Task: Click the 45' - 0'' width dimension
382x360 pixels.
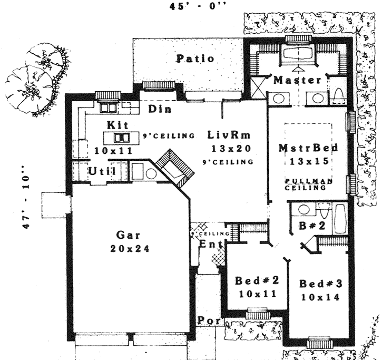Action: pos(190,7)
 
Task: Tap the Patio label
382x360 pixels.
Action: pos(195,59)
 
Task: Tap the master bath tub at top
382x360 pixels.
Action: pos(298,54)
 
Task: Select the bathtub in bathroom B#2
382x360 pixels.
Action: pos(339,217)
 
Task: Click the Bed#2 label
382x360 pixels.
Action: pos(253,280)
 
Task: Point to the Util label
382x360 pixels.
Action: pos(99,171)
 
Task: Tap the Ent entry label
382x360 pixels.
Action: pos(208,244)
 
